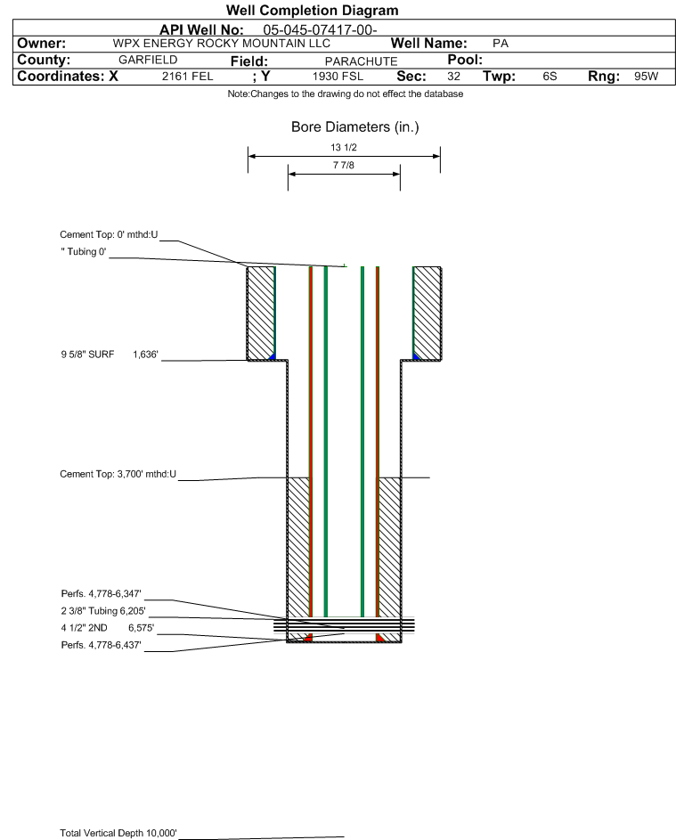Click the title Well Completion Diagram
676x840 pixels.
tap(312, 11)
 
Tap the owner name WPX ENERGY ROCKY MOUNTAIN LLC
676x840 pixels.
tap(222, 44)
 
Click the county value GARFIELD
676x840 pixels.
tap(148, 60)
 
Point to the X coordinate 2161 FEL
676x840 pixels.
tap(187, 77)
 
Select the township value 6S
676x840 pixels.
tap(550, 77)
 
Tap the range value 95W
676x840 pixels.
tap(646, 77)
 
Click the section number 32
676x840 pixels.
tap(453, 77)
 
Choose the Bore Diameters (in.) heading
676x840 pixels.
tap(354, 127)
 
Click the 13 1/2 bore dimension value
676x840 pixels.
tap(344, 147)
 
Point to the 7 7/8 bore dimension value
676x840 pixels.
tap(344, 166)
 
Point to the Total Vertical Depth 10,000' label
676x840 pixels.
tap(118, 833)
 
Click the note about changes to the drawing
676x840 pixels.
tap(345, 94)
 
